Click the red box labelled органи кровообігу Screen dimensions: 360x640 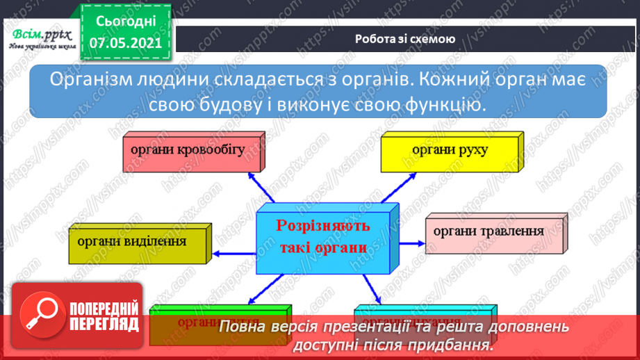tap(187, 151)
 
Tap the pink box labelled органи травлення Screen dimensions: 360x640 tap(493, 232)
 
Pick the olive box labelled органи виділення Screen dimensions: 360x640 tap(137, 243)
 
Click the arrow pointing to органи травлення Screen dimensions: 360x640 tap(413, 243)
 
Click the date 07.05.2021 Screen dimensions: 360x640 tap(125, 43)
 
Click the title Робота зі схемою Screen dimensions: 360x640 tap(405, 39)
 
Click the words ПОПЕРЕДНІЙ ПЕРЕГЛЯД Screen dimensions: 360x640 tap(104, 317)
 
